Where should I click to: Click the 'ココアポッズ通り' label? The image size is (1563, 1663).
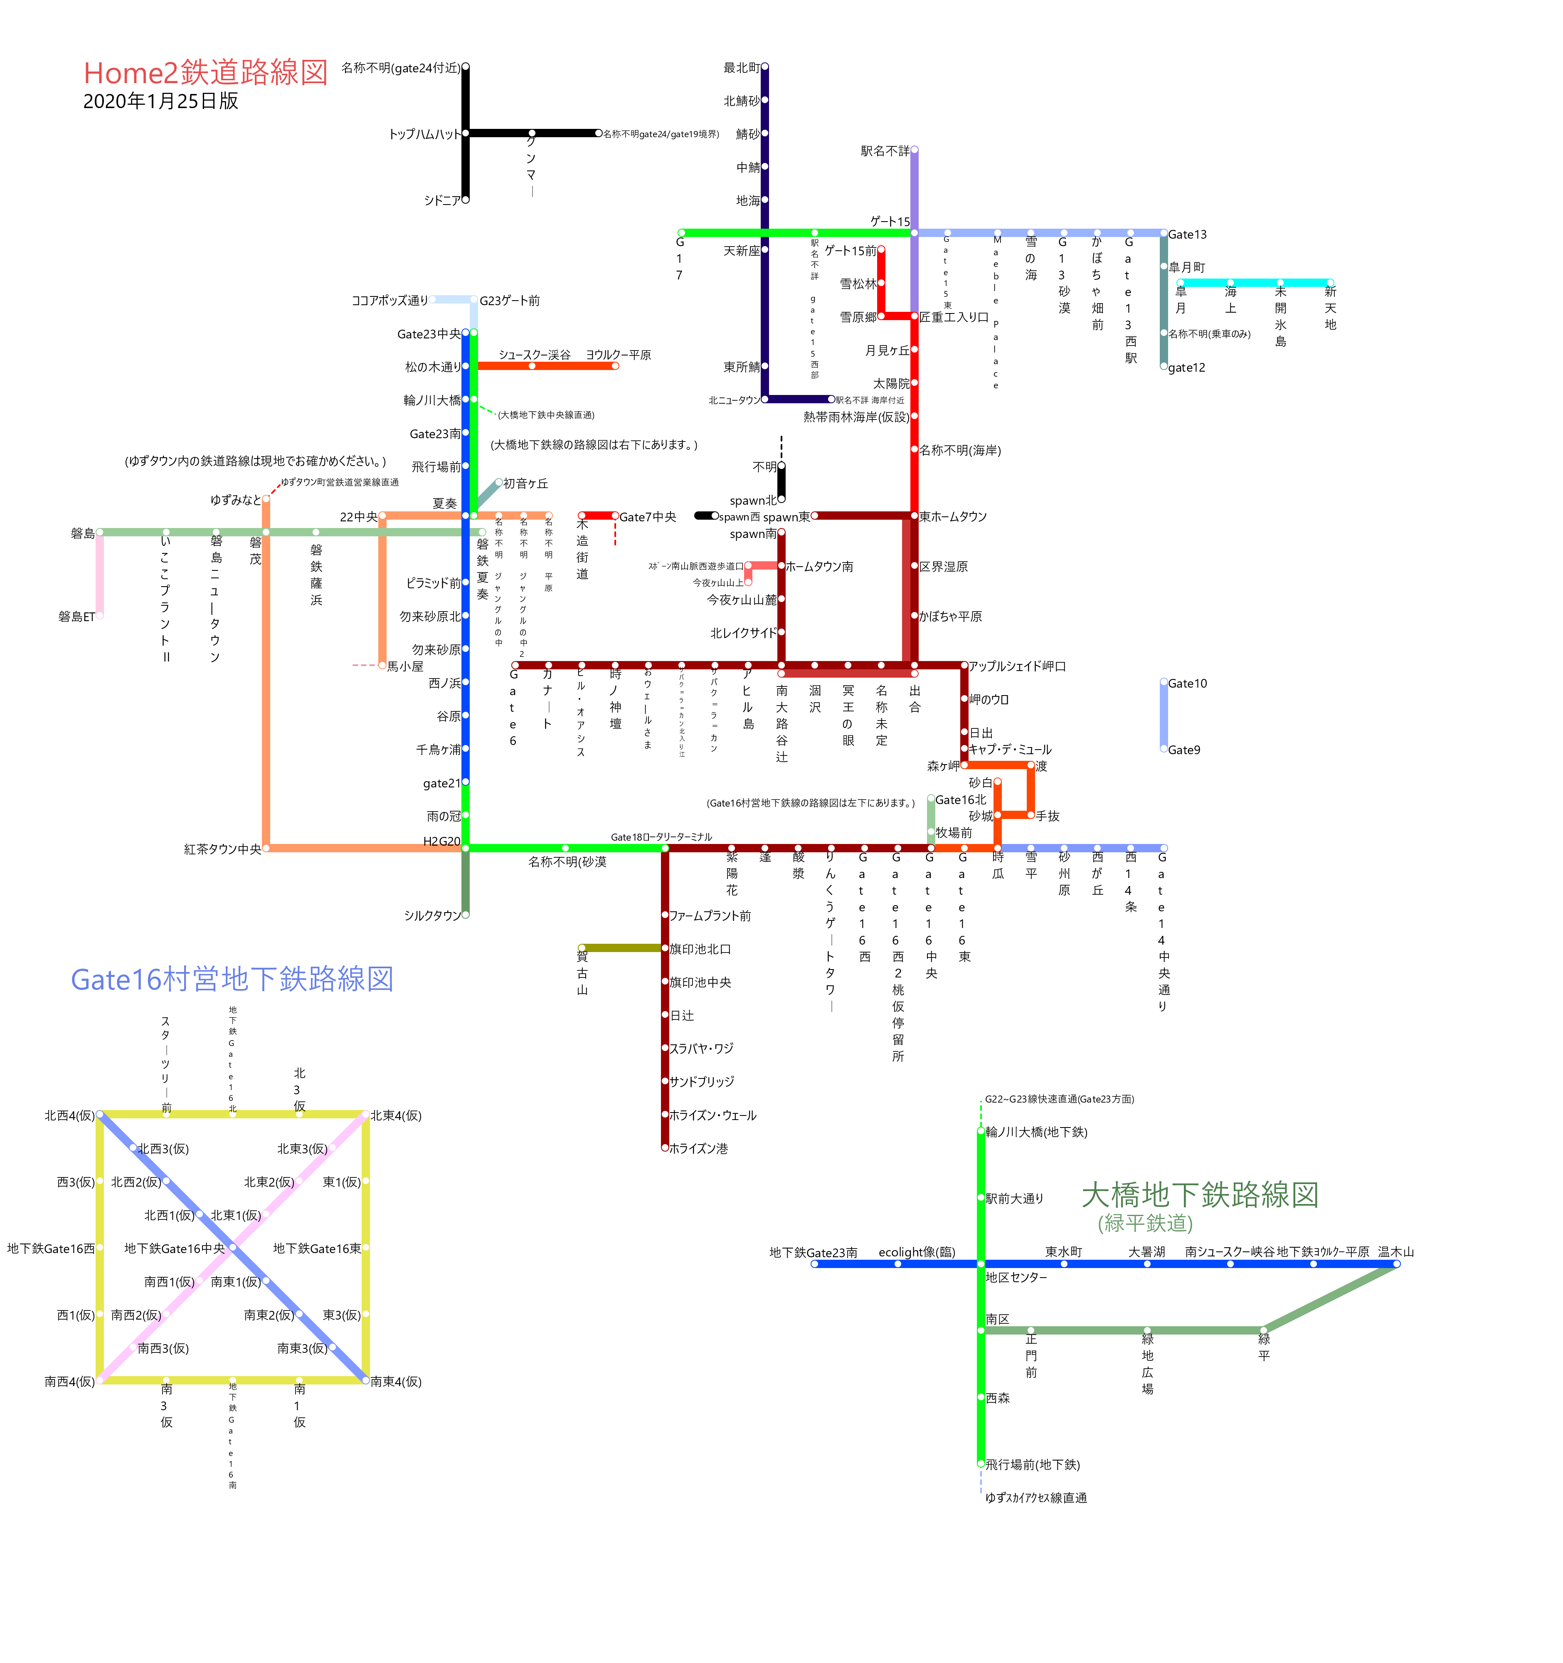tap(390, 300)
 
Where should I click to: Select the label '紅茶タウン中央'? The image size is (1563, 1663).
tap(222, 849)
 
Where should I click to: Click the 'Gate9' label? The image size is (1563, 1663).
tap(1183, 750)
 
